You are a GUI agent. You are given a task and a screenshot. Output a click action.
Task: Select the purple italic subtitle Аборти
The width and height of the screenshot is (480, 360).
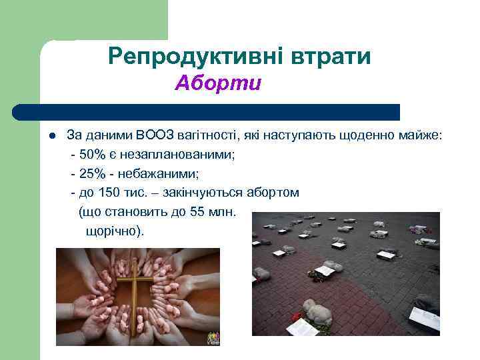pos(219,84)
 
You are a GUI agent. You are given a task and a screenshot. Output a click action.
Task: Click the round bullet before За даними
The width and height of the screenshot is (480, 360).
pos(51,136)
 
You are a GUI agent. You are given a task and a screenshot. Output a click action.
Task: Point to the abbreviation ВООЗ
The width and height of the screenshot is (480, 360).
pos(155,136)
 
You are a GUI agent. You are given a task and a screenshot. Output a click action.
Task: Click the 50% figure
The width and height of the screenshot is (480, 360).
pos(92,155)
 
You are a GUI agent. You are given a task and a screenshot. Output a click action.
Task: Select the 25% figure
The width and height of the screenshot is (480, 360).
pos(92,173)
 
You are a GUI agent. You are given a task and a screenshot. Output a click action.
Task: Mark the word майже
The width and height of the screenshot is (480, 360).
pos(421,136)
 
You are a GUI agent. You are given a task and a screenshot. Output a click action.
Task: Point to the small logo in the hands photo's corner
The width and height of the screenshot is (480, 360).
pos(211,336)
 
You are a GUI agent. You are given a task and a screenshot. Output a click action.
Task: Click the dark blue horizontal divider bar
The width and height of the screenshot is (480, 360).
pos(207,111)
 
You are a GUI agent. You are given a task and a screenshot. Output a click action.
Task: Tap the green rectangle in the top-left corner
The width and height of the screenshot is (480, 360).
pos(83,20)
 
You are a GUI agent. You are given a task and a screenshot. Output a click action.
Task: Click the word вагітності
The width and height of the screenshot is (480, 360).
pos(209,136)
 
